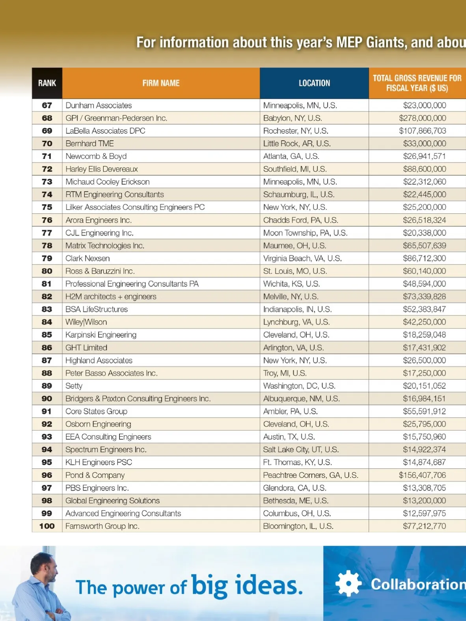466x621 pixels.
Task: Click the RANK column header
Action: point(47,83)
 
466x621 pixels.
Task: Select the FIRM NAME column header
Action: point(161,83)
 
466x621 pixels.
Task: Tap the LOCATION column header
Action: point(314,83)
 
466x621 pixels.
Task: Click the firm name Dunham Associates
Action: point(99,105)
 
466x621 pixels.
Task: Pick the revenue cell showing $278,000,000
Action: point(422,118)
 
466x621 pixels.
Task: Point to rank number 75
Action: point(47,207)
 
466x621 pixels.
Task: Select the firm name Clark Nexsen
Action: point(88,258)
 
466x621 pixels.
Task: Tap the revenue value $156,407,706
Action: point(422,475)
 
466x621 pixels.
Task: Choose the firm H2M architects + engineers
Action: point(111,297)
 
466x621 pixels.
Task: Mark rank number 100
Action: point(47,526)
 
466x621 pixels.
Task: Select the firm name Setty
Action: point(74,386)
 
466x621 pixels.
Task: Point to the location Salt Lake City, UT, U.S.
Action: point(301,449)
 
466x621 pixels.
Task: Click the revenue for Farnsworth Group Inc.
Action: point(424,526)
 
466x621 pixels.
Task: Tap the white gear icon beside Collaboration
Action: point(348,583)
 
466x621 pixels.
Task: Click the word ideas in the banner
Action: point(269,586)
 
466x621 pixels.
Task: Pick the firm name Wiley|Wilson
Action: point(86,322)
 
